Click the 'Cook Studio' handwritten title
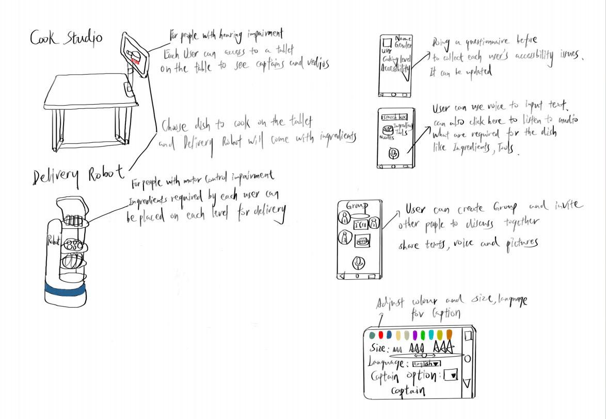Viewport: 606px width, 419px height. (66, 38)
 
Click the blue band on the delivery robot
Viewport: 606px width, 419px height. (65, 290)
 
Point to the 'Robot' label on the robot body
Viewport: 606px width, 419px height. (54, 240)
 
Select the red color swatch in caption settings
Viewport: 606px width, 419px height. (381, 335)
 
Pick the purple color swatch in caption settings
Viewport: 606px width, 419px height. (414, 335)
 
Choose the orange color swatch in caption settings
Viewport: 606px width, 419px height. (449, 334)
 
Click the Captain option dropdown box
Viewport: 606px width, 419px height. (451, 375)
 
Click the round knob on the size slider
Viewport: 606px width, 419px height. (424, 355)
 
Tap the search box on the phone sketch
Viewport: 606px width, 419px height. (394, 117)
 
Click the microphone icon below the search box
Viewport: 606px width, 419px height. (393, 153)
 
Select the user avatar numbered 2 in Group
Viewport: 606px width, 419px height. (374, 223)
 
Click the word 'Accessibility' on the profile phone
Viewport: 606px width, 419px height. (395, 68)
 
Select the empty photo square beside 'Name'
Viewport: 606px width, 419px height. (386, 43)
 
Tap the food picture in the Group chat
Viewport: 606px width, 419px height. (363, 240)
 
